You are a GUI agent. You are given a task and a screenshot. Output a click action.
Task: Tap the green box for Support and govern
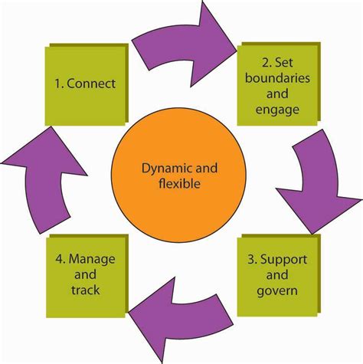point(276,276)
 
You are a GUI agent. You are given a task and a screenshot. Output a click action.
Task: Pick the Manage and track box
point(83,277)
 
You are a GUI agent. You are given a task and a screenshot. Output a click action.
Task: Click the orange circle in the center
point(178,175)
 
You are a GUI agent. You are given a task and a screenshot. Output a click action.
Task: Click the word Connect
point(94,82)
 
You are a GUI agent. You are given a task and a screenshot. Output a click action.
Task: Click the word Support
point(287,260)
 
